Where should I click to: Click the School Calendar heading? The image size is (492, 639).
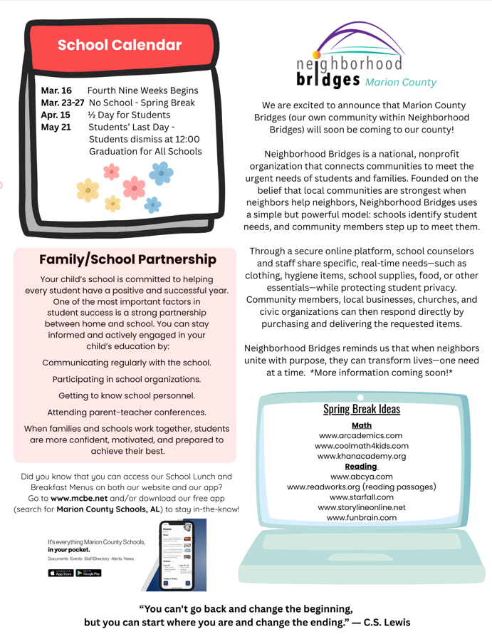coord(120,45)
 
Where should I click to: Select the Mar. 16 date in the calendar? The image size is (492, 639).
coord(56,91)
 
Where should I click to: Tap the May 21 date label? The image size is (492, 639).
coord(56,128)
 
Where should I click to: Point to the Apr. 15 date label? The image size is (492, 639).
coord(56,115)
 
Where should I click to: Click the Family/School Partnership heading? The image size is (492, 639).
coord(127,259)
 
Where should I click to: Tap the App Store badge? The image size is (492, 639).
coord(61,573)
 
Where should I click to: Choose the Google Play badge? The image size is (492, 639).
coord(89,573)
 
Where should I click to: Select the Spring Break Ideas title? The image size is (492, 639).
coord(361,409)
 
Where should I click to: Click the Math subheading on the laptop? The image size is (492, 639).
coord(361,425)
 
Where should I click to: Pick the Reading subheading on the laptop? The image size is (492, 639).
coord(361,466)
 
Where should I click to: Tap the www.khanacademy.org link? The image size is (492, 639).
coord(361,456)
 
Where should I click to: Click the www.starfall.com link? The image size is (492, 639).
coord(361,497)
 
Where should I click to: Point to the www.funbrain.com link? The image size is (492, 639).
coord(361,517)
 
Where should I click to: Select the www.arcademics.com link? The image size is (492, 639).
coord(361,435)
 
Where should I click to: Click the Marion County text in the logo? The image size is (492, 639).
coord(400,82)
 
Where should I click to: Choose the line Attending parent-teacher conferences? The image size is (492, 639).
coord(127,412)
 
